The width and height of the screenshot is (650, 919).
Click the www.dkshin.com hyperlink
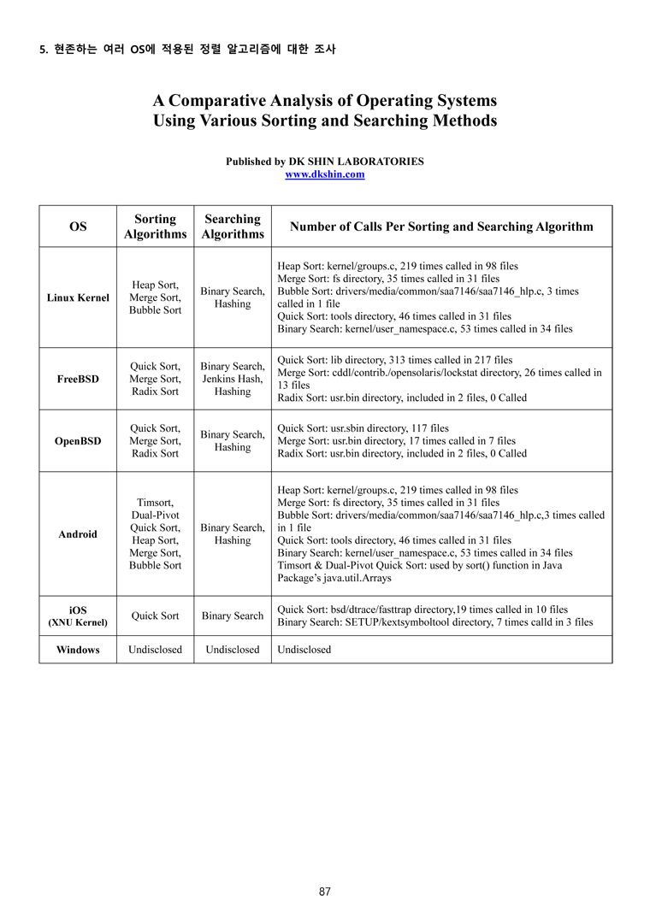(324, 174)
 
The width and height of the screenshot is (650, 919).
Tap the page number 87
(324, 892)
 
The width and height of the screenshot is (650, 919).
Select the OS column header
(78, 227)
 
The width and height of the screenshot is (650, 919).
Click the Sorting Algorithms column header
(155, 227)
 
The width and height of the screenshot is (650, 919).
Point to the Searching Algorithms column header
(233, 227)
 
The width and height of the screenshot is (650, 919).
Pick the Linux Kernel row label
(78, 297)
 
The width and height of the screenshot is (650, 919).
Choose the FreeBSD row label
(78, 379)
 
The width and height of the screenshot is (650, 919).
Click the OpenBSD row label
(78, 441)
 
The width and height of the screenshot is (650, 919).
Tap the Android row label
(78, 534)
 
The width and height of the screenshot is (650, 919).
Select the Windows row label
(78, 650)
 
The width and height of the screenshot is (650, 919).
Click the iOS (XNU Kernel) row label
(78, 616)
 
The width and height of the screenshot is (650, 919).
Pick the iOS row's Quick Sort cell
(155, 616)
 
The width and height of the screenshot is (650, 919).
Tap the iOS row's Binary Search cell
(233, 616)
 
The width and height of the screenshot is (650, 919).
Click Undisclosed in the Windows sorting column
(155, 650)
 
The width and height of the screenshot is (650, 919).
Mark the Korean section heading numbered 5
(188, 50)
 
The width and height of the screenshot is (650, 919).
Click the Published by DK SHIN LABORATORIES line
(324, 161)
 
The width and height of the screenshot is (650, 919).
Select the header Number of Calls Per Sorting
(441, 227)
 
